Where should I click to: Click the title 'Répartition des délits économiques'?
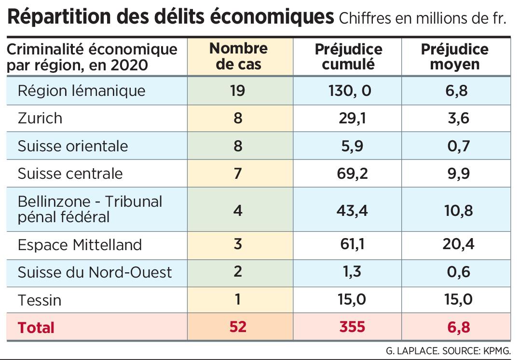click(x=171, y=17)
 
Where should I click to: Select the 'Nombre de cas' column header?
click(x=239, y=56)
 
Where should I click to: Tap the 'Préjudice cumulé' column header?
click(x=348, y=57)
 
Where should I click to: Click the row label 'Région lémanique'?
click(x=82, y=91)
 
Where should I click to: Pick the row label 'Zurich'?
click(x=40, y=118)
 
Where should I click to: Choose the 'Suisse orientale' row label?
click(x=73, y=146)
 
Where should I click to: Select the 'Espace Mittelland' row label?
click(x=80, y=245)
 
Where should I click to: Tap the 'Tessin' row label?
click(x=40, y=300)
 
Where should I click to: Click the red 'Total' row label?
click(x=36, y=328)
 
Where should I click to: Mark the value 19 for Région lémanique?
click(x=238, y=91)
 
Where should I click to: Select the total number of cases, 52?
click(x=238, y=327)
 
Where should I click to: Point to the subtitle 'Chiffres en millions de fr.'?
click(x=423, y=19)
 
